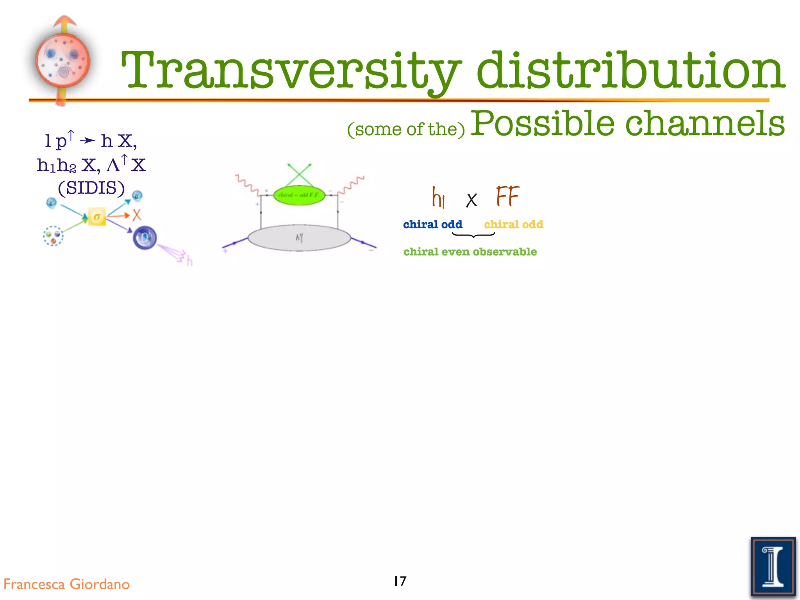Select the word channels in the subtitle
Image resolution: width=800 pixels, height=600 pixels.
(x=705, y=123)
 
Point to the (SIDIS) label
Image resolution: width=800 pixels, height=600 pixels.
(x=91, y=188)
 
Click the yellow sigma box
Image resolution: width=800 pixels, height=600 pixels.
(x=96, y=217)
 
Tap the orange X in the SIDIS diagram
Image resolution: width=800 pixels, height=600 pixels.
(x=136, y=215)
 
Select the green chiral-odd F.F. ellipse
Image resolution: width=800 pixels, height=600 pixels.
(x=299, y=195)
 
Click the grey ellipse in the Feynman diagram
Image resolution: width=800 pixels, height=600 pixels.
(x=299, y=237)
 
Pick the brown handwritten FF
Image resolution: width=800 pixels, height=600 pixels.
(x=507, y=196)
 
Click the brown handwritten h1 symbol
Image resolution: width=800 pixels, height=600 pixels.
(x=438, y=198)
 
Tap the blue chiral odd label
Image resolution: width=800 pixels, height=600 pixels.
(x=432, y=225)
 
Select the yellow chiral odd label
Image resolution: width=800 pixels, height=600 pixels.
(x=513, y=225)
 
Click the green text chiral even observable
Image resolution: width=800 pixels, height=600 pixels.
(x=470, y=252)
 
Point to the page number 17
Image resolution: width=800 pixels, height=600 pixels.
(x=400, y=581)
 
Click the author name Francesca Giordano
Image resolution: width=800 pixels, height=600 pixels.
(x=66, y=584)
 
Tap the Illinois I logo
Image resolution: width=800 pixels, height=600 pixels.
(x=773, y=566)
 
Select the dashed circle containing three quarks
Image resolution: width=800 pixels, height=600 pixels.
(x=53, y=236)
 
